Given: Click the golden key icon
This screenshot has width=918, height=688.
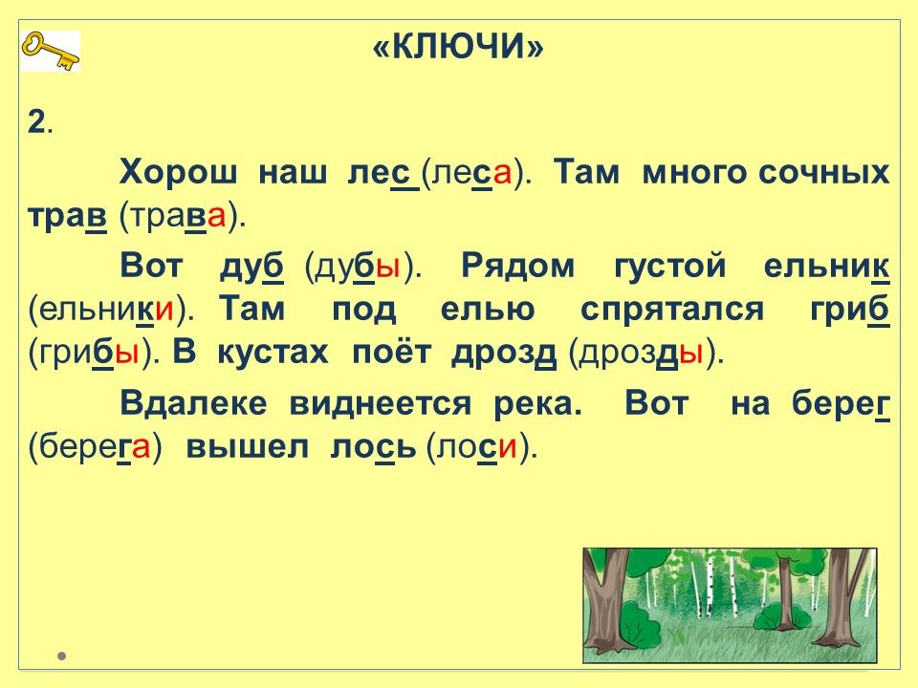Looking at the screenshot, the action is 51,52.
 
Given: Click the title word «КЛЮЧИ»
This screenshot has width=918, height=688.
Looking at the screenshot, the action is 458,46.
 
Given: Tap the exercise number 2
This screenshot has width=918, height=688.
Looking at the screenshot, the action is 37,123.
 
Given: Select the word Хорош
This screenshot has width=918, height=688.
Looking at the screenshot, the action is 179,173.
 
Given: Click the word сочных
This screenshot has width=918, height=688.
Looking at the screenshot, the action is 823,173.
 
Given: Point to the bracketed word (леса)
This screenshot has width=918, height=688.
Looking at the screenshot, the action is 476,173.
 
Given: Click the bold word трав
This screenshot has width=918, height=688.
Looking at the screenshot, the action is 67,216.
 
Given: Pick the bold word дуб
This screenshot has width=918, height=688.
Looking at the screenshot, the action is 251,268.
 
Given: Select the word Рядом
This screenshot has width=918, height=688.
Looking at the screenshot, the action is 518,267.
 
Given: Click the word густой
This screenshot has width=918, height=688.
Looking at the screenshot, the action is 670,267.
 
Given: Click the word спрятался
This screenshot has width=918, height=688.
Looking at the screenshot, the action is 672,310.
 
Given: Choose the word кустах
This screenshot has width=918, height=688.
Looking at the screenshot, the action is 273,353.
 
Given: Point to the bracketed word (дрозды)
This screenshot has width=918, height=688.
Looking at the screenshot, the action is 646,353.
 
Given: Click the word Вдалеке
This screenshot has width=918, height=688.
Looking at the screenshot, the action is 193,403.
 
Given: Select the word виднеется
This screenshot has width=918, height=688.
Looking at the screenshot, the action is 381,403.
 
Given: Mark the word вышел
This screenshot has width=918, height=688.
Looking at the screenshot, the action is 247,447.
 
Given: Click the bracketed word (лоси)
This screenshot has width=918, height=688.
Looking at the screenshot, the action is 481,448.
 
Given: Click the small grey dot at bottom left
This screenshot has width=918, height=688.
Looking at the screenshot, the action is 62,656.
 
